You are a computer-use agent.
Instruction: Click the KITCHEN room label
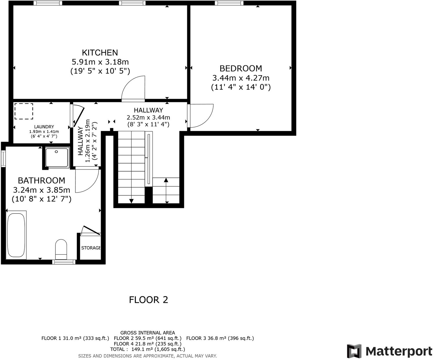(100, 53)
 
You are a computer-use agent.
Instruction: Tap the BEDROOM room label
(240, 69)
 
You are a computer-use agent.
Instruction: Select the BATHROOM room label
(41, 181)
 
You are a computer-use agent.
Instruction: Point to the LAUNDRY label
(44, 127)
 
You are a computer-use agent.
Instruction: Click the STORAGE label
(91, 248)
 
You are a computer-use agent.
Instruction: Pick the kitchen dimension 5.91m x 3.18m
(100, 62)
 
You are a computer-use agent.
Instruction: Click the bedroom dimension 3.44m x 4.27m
(241, 78)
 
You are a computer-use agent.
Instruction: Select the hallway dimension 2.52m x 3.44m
(148, 118)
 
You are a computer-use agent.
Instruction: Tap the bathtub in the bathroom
(16, 235)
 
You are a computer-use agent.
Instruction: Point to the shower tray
(57, 157)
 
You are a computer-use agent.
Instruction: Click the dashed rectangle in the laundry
(24, 111)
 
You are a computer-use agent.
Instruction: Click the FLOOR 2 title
(148, 300)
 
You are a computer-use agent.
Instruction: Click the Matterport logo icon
(354, 351)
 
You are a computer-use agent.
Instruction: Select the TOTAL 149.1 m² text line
(147, 349)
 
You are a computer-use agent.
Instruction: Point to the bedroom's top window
(229, 3)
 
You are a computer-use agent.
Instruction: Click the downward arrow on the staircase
(131, 201)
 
